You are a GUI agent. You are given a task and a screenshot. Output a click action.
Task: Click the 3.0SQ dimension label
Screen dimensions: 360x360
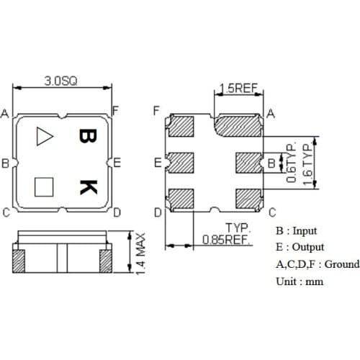pyautogui.click(x=62, y=81)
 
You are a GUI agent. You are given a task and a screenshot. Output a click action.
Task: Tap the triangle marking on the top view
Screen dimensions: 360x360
pyautogui.click(x=44, y=135)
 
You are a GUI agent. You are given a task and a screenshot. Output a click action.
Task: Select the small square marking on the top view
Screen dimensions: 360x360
pyautogui.click(x=44, y=186)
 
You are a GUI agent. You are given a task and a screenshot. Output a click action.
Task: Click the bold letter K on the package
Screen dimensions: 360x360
pyautogui.click(x=87, y=187)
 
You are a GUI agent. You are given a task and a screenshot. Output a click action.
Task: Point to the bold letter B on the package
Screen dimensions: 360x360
pyautogui.click(x=86, y=137)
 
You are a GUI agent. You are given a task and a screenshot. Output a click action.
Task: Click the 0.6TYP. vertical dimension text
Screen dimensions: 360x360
pyautogui.click(x=292, y=164)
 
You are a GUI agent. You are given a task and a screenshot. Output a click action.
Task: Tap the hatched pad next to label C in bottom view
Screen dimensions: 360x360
pyautogui.click(x=248, y=197)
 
